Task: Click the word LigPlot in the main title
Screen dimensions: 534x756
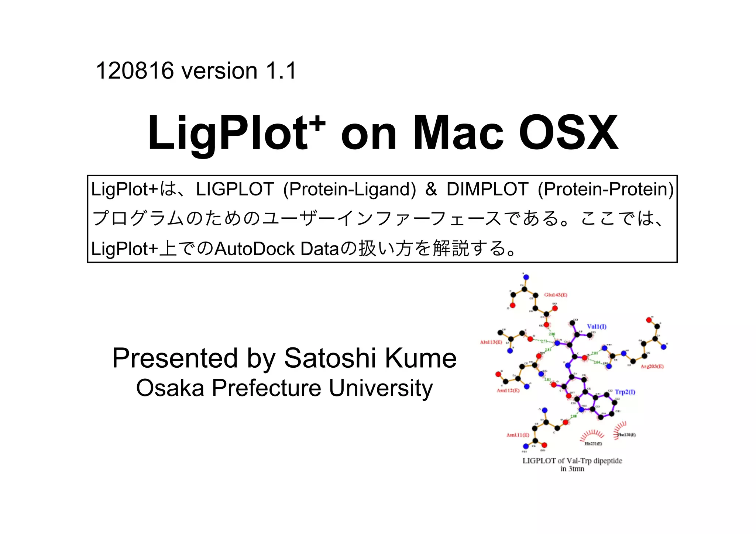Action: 227,133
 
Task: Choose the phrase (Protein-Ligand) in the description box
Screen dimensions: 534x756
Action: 349,189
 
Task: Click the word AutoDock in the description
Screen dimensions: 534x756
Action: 254,249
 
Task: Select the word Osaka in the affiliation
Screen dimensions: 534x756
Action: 170,388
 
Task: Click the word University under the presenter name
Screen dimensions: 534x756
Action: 381,388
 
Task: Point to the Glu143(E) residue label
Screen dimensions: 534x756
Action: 556,295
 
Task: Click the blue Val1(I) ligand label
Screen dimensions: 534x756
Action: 597,326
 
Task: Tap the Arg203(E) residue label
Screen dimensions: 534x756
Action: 652,367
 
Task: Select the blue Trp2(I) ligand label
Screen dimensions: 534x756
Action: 625,392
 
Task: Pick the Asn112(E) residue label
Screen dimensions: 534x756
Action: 508,391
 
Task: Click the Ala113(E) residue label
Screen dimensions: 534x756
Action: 491,342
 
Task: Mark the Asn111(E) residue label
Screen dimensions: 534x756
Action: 518,435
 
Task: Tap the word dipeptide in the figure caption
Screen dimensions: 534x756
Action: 608,461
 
